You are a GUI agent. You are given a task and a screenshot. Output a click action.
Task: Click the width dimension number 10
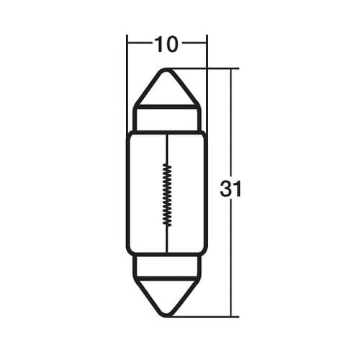click(x=166, y=45)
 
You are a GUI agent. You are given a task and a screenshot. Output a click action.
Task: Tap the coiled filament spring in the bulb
click(x=167, y=193)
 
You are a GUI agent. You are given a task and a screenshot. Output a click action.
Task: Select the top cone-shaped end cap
click(x=167, y=88)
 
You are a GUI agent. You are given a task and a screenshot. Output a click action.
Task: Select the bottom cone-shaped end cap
click(x=167, y=295)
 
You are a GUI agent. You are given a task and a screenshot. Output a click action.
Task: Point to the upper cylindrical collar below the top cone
click(x=167, y=120)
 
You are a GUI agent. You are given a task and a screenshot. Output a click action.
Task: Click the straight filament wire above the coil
click(x=167, y=148)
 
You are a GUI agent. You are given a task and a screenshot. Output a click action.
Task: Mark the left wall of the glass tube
click(x=128, y=193)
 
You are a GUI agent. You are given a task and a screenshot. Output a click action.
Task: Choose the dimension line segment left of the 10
click(x=140, y=45)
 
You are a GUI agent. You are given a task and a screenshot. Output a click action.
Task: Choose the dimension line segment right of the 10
click(x=194, y=45)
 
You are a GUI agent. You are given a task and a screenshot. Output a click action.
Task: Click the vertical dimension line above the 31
click(x=231, y=122)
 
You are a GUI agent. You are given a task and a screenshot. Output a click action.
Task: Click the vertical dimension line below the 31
click(x=231, y=259)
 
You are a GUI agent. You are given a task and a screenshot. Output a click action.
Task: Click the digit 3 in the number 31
click(x=225, y=190)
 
